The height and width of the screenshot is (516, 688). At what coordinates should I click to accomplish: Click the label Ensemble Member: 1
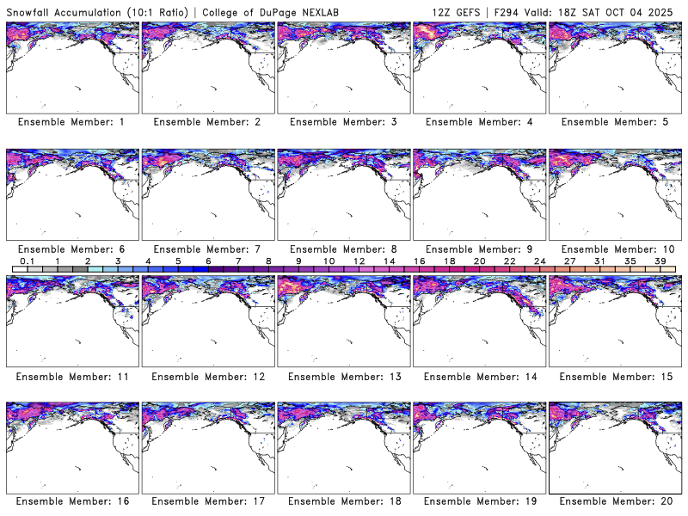pyautogui.click(x=71, y=122)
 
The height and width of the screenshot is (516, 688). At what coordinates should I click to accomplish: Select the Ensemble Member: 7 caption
pyautogui.click(x=207, y=249)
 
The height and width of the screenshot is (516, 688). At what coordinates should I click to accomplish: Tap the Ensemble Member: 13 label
pyautogui.click(x=343, y=376)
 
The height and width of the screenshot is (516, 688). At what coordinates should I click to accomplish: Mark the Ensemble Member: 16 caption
pyautogui.click(x=71, y=501)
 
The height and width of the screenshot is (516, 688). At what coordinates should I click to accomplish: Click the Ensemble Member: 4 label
pyautogui.click(x=479, y=122)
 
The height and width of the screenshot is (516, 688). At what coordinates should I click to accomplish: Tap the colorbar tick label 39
pyautogui.click(x=660, y=261)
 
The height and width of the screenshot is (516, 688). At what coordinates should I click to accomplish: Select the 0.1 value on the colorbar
pyautogui.click(x=27, y=261)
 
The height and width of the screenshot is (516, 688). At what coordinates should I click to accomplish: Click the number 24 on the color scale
pyautogui.click(x=539, y=261)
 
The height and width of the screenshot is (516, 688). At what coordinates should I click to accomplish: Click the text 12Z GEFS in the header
pyautogui.click(x=458, y=10)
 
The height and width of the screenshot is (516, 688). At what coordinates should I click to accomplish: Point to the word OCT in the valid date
pyautogui.click(x=629, y=10)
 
